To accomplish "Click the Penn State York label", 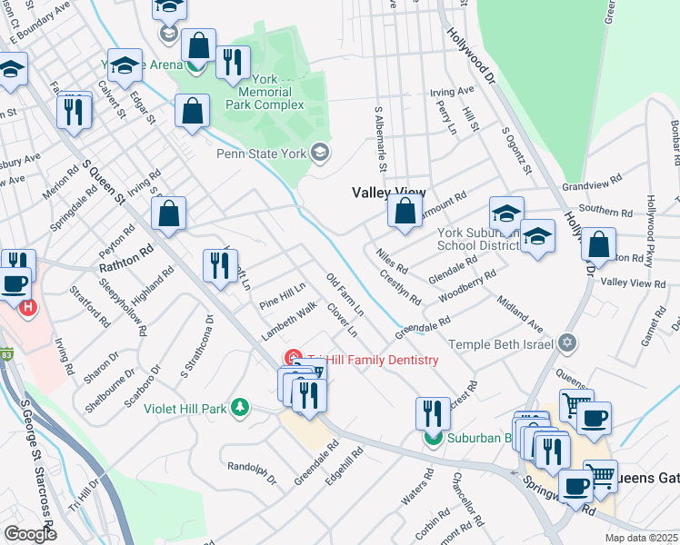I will (x=261, y=154).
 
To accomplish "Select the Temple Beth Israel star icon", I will (x=568, y=343).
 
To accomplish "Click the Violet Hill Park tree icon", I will (x=239, y=407).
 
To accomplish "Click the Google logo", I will (x=30, y=534).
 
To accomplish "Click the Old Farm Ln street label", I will (x=345, y=292).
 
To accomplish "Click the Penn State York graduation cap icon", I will (x=319, y=151).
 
